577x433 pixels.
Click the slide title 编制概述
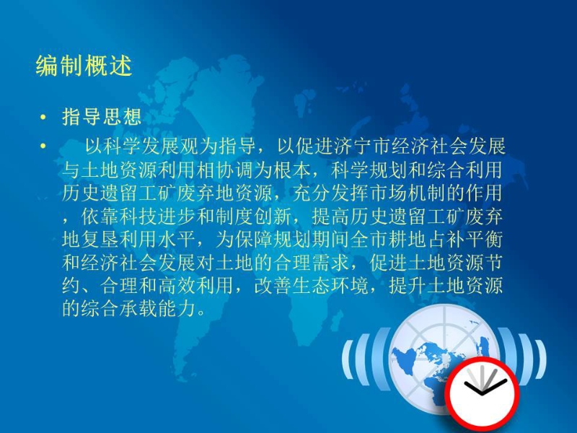(x=84, y=66)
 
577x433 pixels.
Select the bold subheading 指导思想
(x=102, y=117)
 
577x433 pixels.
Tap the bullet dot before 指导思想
(x=43, y=118)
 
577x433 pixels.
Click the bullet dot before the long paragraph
(x=43, y=146)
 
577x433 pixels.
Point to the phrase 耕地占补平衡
(x=445, y=240)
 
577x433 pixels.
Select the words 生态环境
(x=331, y=286)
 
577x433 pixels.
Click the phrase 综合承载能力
(x=139, y=309)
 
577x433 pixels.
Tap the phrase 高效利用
(x=196, y=286)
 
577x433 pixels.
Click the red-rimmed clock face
(x=483, y=394)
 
